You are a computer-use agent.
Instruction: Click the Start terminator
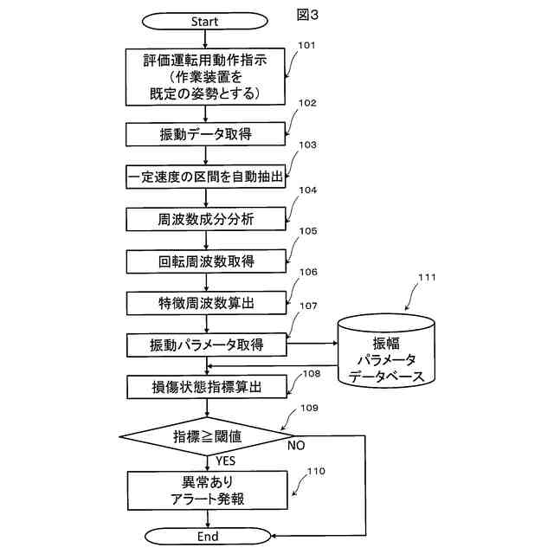pyautogui.click(x=204, y=21)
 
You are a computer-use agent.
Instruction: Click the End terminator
pyautogui.click(x=208, y=536)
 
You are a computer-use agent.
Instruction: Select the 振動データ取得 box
pyautogui.click(x=206, y=134)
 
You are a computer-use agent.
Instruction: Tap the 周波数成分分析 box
pyautogui.click(x=206, y=219)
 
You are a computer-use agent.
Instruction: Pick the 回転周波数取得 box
pyautogui.click(x=206, y=261)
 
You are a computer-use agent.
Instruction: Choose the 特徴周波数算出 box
pyautogui.click(x=207, y=303)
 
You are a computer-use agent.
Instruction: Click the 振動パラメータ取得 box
pyautogui.click(x=207, y=345)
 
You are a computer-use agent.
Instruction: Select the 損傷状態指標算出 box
pyautogui.click(x=207, y=387)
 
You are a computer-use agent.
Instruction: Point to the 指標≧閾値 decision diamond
pyautogui.click(x=207, y=436)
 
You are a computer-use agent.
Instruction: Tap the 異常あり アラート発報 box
pyautogui.click(x=208, y=491)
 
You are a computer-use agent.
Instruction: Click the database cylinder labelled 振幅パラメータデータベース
pyautogui.click(x=386, y=351)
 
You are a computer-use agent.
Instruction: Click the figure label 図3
pyautogui.click(x=307, y=15)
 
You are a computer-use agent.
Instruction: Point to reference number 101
pyautogui.click(x=306, y=45)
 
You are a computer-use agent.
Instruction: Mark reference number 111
pyautogui.click(x=427, y=277)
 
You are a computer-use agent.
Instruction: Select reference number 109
pyautogui.click(x=310, y=408)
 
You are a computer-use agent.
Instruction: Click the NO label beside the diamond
pyautogui.click(x=296, y=446)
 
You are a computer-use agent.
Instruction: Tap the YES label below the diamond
pyautogui.click(x=225, y=461)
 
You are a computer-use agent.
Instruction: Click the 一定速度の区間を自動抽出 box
pyautogui.click(x=206, y=177)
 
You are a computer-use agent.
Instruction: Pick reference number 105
pyautogui.click(x=308, y=231)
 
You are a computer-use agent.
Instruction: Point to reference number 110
pyautogui.click(x=316, y=471)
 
